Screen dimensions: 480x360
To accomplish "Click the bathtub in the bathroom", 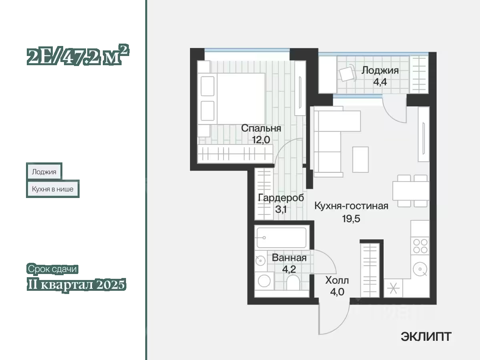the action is (x=282, y=237).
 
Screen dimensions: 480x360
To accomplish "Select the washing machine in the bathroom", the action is (x=264, y=281).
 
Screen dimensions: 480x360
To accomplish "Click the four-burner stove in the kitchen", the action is (x=420, y=246).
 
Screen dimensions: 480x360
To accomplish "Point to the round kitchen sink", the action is (x=420, y=269).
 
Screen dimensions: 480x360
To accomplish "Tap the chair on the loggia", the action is (x=348, y=73).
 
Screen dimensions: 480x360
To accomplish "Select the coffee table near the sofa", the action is (x=360, y=159).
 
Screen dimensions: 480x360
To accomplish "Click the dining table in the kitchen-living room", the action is (x=411, y=191).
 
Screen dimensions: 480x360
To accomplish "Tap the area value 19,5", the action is (x=351, y=218).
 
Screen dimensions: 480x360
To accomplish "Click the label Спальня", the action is (x=261, y=128).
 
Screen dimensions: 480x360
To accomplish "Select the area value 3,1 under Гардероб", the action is (x=281, y=209).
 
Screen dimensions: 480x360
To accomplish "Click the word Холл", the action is (x=337, y=280).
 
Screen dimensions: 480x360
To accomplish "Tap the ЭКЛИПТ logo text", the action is (x=426, y=337).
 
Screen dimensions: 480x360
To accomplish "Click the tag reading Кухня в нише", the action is (x=53, y=189).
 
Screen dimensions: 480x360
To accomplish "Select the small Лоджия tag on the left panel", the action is (x=44, y=172).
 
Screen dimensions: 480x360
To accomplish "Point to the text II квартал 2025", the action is (x=76, y=284).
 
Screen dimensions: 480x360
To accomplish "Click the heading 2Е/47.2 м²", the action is (x=78, y=55).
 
